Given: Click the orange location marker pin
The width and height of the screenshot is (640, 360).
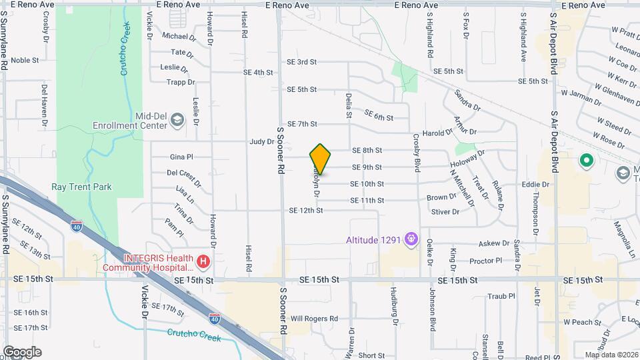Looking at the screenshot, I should pos(321,159).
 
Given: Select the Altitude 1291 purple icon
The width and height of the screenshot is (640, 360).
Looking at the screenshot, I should pos(412,238).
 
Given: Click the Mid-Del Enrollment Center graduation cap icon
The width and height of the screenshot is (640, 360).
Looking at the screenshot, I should pos(177,119).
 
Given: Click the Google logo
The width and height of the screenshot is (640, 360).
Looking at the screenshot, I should pos(22,352).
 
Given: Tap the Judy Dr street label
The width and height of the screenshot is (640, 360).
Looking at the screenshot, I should pos(262,141).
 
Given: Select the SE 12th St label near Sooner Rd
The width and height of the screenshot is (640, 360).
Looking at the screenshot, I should pos(306,211).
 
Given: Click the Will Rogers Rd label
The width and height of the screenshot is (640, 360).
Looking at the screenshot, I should pos(314,319).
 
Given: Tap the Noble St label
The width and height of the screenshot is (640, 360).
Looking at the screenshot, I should pos(25,60).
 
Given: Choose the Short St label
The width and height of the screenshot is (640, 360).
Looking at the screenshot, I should pos(372,356).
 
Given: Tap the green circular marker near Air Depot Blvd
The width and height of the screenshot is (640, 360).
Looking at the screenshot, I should pos(586,161).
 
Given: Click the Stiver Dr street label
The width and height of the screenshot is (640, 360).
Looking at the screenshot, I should pos(446,212).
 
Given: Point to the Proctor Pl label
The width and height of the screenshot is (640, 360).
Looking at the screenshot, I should pos(485,260).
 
